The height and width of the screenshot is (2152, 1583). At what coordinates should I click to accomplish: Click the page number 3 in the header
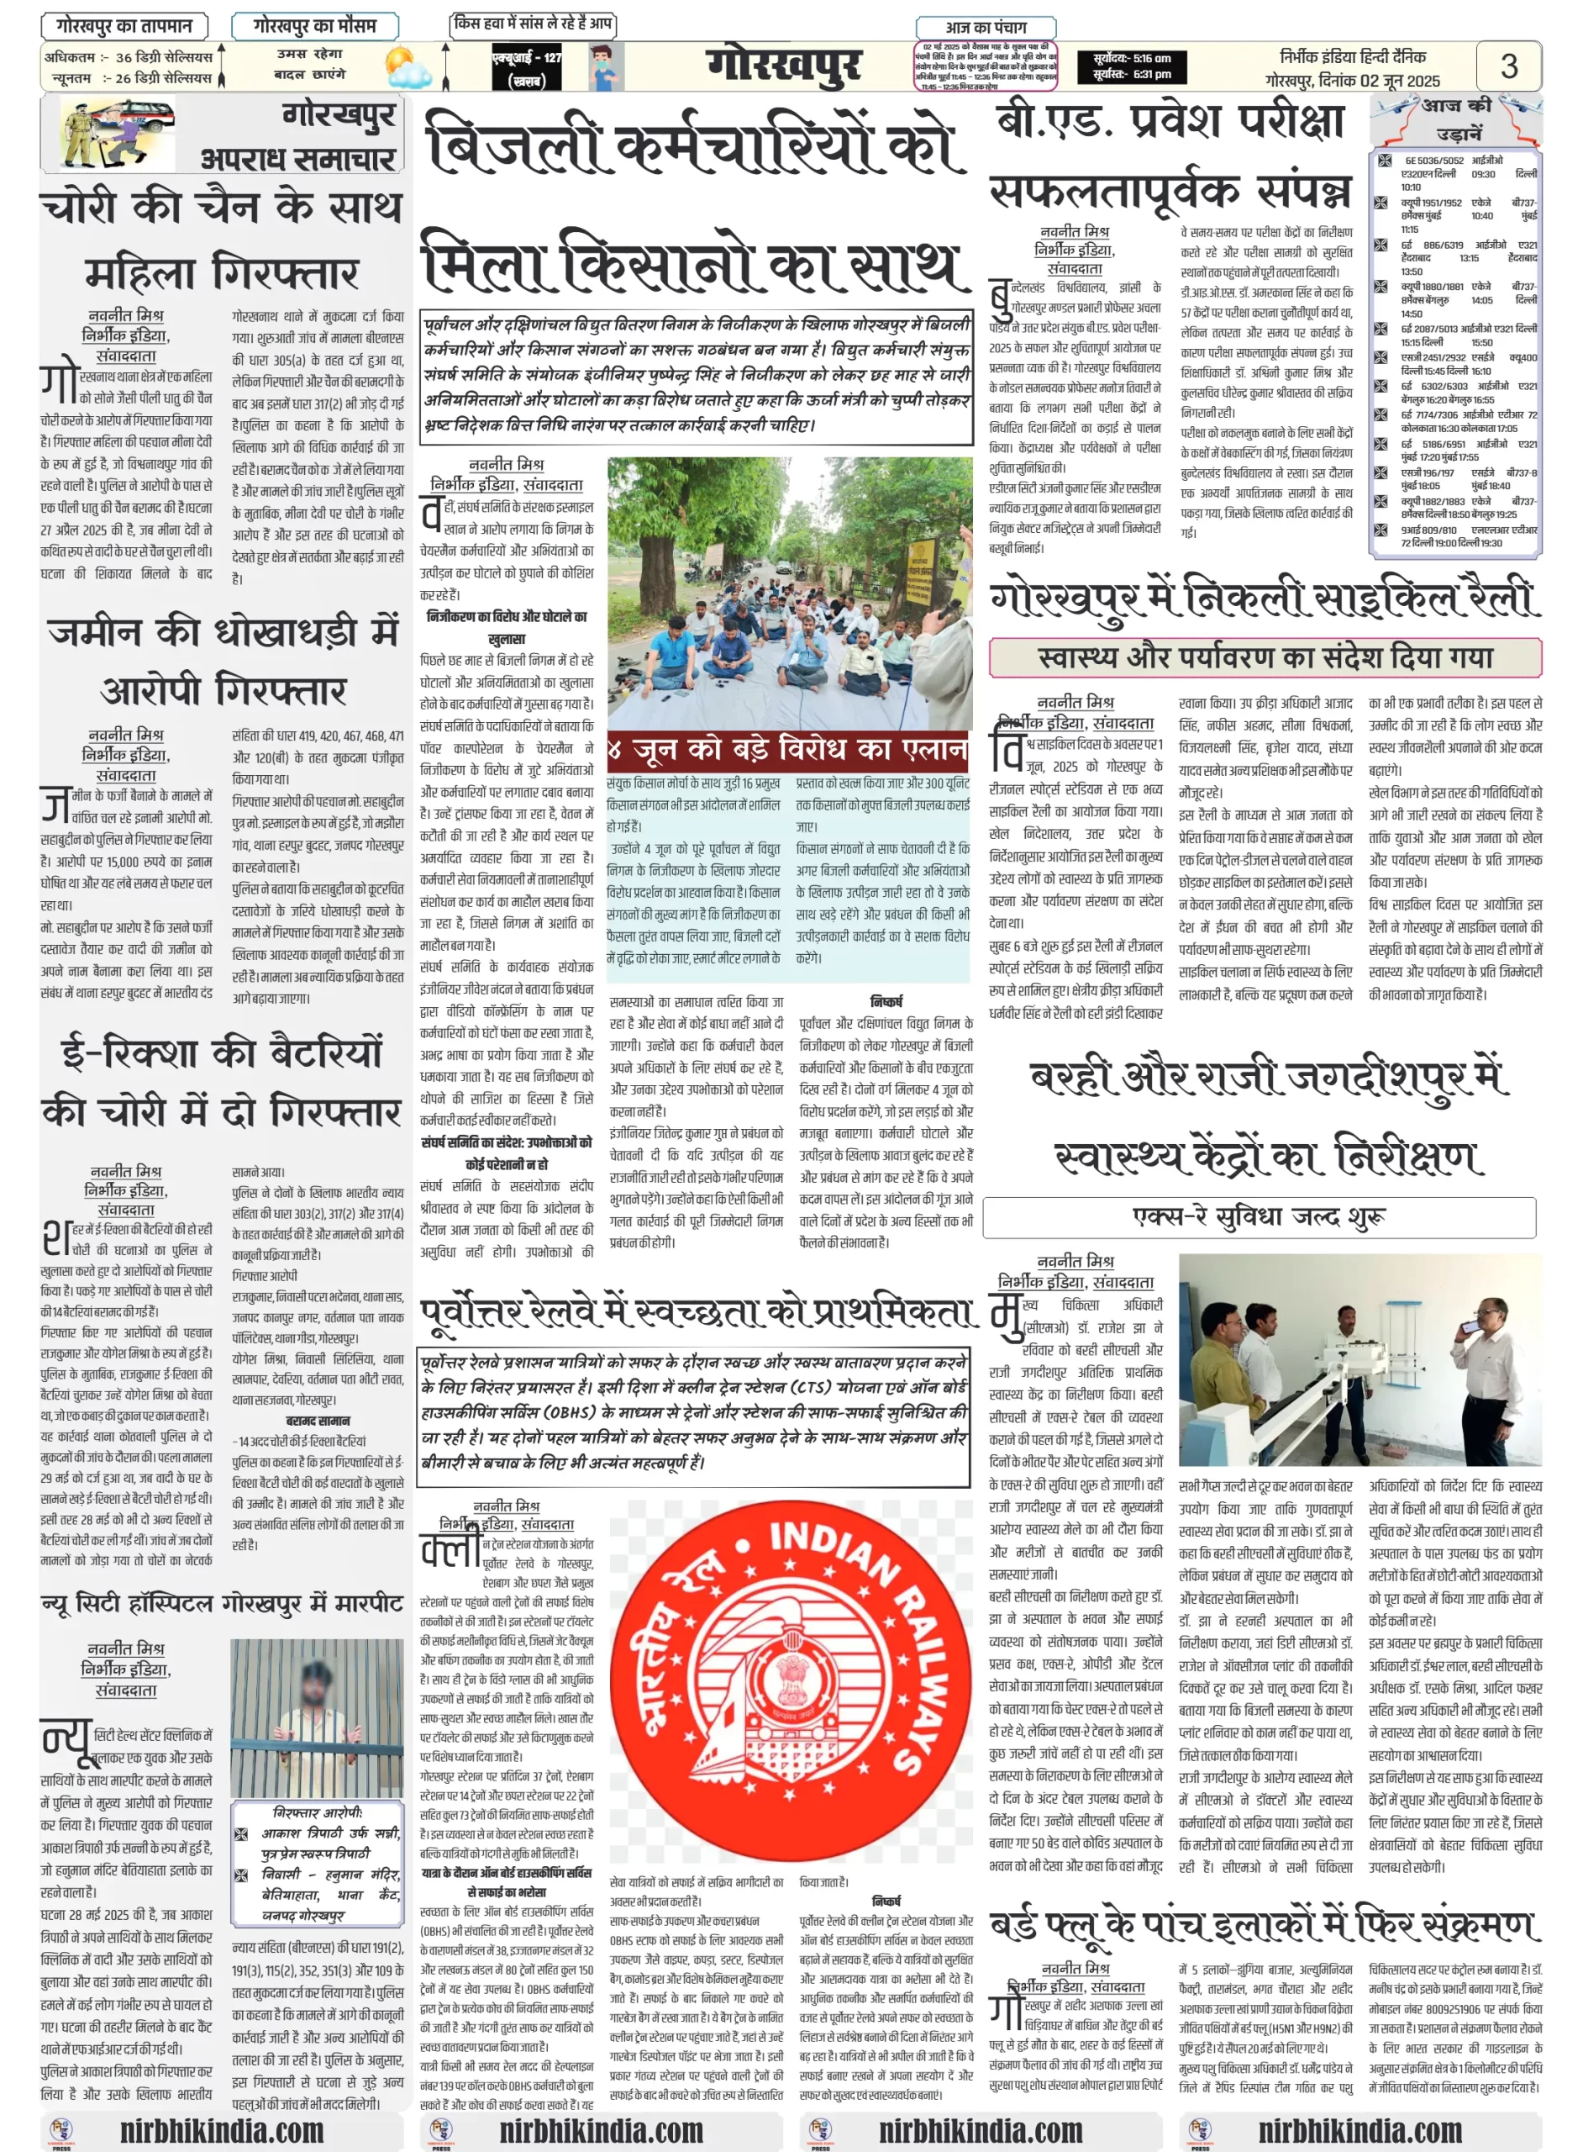(1508, 66)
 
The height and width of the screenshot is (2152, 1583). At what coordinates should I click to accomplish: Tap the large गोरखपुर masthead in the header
(783, 66)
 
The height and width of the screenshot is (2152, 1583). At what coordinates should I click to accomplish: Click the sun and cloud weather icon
(408, 67)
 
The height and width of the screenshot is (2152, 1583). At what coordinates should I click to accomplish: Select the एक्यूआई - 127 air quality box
(526, 67)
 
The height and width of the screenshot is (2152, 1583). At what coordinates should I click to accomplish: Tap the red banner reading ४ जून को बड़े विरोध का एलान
(787, 749)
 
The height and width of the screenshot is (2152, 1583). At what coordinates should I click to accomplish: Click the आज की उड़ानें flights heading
(1456, 118)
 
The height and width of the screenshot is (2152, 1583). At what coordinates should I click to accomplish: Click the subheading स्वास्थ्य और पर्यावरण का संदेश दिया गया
(1265, 657)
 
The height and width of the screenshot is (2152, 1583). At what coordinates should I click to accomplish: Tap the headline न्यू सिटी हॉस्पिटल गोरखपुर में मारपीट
(221, 1603)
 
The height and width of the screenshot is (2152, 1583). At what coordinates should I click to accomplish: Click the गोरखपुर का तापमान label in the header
(124, 26)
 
